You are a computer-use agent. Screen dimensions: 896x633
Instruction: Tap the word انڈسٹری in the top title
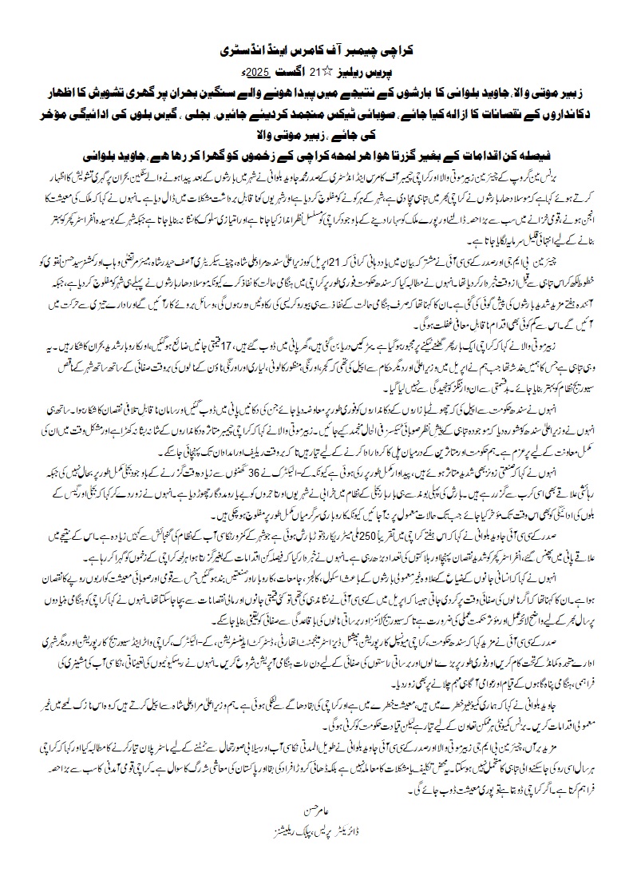click(243, 50)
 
